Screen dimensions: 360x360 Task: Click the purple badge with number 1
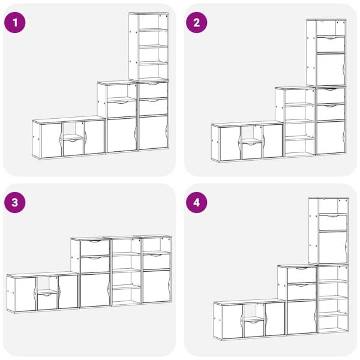click(x=15, y=23)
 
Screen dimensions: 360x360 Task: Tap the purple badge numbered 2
click(x=197, y=23)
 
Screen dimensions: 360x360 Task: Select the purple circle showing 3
click(x=15, y=203)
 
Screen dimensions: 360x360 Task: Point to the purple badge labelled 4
click(x=197, y=203)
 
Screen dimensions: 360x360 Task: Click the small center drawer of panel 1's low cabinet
click(x=73, y=147)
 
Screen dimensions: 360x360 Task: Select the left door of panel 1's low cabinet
click(x=52, y=140)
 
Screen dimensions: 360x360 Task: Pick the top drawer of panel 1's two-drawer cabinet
click(x=153, y=91)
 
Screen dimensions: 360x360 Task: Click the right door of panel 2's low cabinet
click(x=272, y=141)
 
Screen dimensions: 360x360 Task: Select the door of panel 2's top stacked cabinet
click(x=331, y=70)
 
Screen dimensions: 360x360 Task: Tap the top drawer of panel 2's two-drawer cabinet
click(x=331, y=96)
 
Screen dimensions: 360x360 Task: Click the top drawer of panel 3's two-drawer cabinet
click(x=95, y=248)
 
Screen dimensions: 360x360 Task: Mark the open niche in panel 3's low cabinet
click(x=47, y=284)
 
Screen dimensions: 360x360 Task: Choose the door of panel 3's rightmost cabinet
click(x=157, y=286)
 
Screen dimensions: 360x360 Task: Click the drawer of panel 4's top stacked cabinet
click(x=333, y=222)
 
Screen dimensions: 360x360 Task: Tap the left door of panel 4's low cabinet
click(x=232, y=322)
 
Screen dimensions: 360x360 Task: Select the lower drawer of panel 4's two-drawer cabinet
click(x=302, y=292)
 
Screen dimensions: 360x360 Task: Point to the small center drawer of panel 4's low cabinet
click(x=254, y=329)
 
